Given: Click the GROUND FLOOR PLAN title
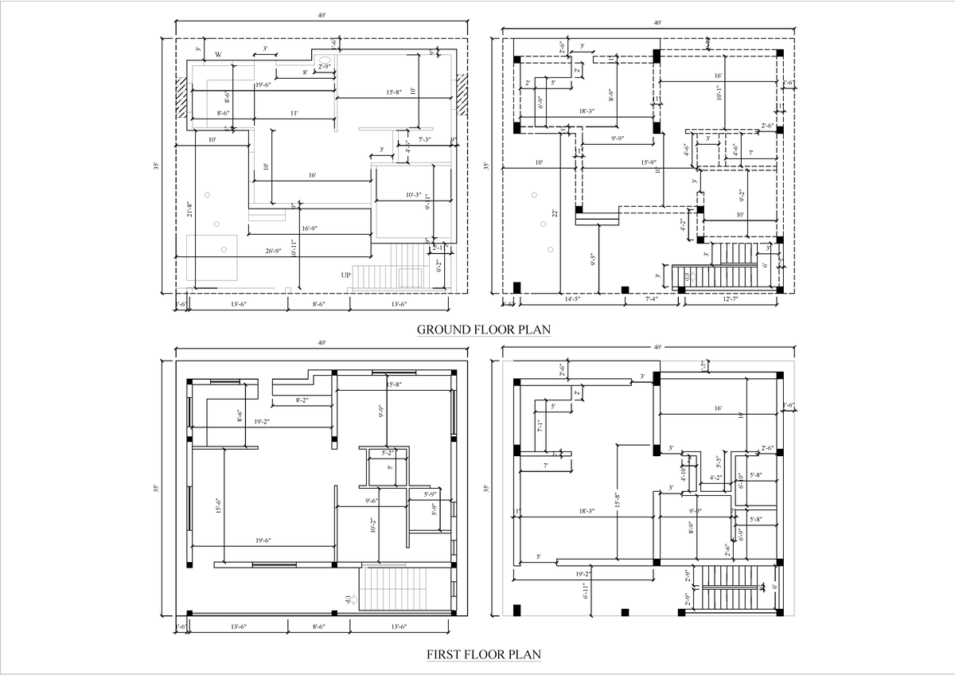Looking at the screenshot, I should coord(484,329).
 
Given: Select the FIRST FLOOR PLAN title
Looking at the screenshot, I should coord(484,654).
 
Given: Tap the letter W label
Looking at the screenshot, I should coord(218,56).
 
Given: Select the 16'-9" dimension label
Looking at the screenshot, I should coord(310,228).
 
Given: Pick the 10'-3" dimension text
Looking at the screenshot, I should coord(414,194).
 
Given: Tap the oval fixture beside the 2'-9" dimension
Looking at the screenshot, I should coord(325,60).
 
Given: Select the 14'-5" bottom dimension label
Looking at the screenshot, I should coord(571,299).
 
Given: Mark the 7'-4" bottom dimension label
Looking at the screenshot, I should coord(650,299).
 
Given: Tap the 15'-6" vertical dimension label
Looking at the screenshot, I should coord(217,505).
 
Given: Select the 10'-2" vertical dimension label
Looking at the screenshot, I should coord(372,525).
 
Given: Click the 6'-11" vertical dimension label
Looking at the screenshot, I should coord(586,590).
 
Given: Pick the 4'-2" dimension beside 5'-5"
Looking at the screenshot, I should coord(716,478).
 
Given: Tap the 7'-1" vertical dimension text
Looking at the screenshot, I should coord(539,426).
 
